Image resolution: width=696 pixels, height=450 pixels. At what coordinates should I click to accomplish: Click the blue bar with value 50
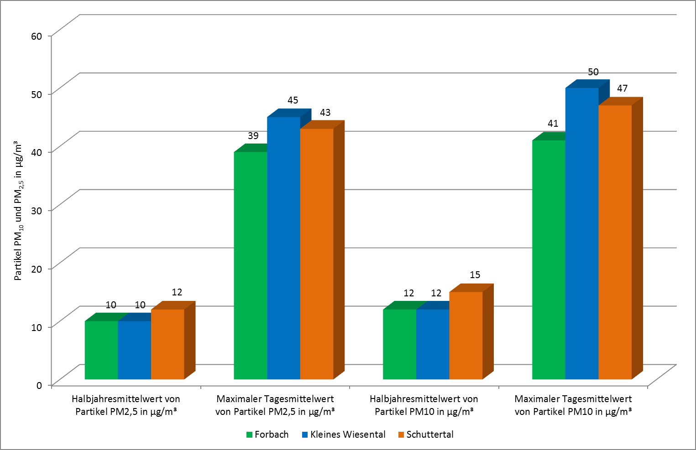click(582, 233)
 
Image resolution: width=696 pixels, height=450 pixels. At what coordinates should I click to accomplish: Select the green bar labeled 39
click(250, 265)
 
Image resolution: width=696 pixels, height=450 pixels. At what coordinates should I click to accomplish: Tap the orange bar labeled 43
click(317, 254)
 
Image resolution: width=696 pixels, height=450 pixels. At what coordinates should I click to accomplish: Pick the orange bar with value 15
click(466, 336)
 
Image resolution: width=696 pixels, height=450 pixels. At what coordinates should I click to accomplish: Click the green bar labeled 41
click(549, 260)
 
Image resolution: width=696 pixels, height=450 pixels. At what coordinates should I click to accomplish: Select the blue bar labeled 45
click(283, 248)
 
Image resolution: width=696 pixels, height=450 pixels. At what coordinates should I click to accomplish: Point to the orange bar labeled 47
click(615, 242)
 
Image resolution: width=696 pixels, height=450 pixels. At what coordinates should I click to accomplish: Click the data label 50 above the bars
click(593, 72)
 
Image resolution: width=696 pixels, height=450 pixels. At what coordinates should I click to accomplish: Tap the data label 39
click(253, 136)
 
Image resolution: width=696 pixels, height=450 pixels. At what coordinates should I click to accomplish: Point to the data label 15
click(475, 275)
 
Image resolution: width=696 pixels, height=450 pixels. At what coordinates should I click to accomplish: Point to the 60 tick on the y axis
click(37, 36)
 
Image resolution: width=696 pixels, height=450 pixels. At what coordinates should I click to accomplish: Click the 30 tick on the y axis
click(37, 211)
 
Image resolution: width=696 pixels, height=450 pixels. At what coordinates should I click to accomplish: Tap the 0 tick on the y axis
click(39, 385)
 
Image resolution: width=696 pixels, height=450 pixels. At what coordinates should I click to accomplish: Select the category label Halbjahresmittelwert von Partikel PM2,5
click(126, 405)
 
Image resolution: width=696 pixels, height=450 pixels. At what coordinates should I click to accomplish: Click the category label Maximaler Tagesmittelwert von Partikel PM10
click(573, 405)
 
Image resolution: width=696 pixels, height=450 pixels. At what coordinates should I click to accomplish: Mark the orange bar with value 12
click(167, 344)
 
